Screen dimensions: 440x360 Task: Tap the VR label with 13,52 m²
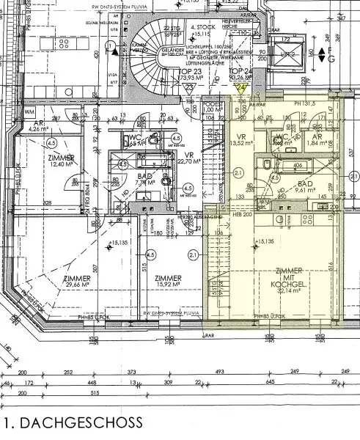(240, 139)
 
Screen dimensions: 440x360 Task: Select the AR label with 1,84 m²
(317, 139)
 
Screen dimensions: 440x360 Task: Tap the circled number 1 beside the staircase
(110, 46)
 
